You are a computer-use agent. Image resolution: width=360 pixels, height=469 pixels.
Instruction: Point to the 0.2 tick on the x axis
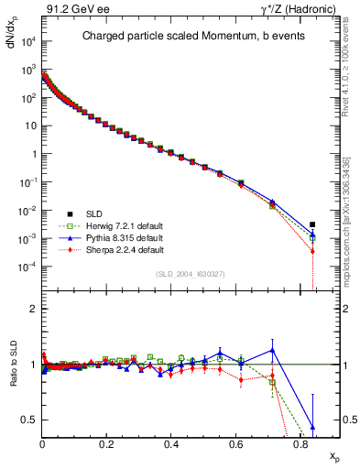pyautogui.click(x=106, y=445)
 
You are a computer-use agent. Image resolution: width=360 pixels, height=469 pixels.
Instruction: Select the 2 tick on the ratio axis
pyautogui.click(x=32, y=309)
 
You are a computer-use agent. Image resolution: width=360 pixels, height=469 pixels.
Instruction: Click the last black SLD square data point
pyautogui.click(x=312, y=224)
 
